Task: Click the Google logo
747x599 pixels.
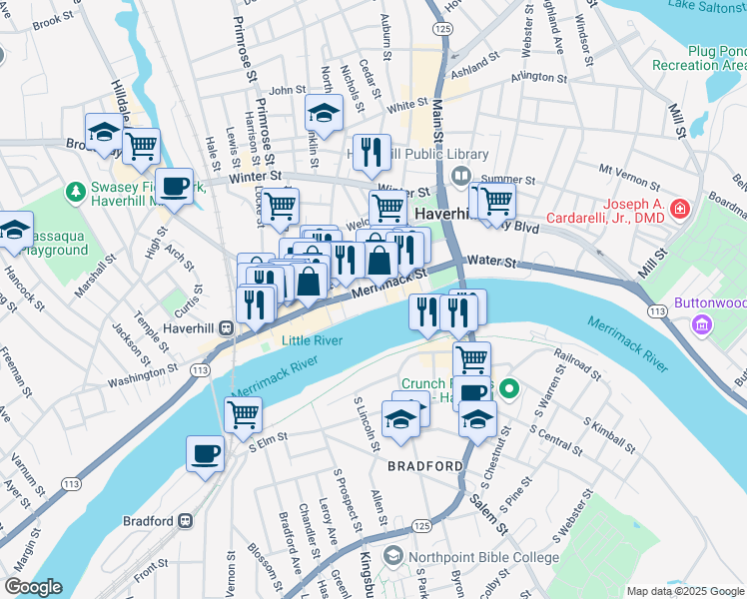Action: [32, 587]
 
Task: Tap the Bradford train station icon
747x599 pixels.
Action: [185, 521]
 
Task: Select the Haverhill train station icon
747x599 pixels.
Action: [228, 326]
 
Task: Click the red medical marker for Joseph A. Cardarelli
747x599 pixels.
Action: [680, 208]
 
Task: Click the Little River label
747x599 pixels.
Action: [312, 341]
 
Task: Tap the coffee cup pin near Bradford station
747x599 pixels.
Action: [206, 453]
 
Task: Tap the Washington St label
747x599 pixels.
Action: [142, 375]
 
